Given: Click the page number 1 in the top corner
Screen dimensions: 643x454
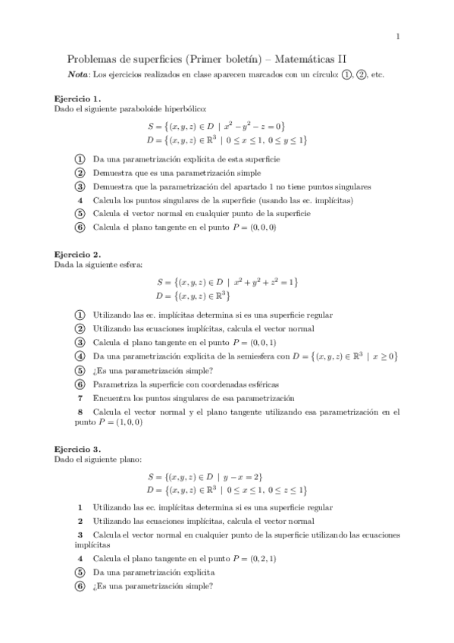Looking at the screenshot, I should [398, 36].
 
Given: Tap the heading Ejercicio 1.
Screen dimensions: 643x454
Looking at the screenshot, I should [78, 99].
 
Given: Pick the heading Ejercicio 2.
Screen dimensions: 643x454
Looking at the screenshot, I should [78, 255].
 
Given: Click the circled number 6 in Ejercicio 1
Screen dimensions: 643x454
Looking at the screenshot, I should [80, 227].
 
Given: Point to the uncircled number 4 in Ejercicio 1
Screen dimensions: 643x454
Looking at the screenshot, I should [80, 200].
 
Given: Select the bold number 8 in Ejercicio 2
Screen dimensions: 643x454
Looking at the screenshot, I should [80, 412].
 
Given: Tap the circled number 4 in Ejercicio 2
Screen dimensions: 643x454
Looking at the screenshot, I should [80, 356].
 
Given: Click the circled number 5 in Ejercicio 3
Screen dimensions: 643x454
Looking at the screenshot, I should [80, 572].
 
